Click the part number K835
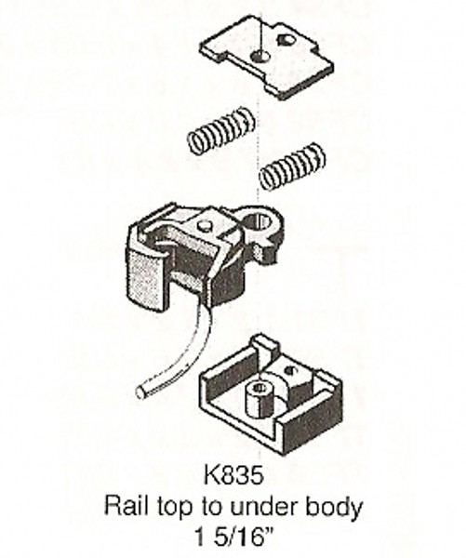click(x=233, y=475)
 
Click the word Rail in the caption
click(x=126, y=507)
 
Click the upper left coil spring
click(x=221, y=130)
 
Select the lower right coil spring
click(x=292, y=166)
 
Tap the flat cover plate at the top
click(x=268, y=58)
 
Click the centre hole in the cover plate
click(x=260, y=56)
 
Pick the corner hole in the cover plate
click(x=286, y=39)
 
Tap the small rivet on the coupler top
click(x=204, y=226)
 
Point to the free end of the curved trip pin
click(x=140, y=392)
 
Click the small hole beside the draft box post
click(x=292, y=370)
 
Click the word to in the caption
click(x=211, y=507)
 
